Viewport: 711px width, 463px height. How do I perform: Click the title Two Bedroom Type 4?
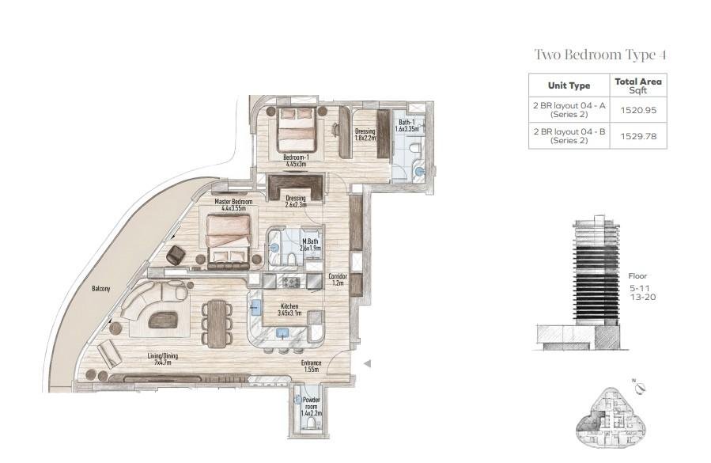(600, 55)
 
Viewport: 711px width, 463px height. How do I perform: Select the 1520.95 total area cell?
(638, 110)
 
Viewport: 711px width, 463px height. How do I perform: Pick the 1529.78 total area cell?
(638, 135)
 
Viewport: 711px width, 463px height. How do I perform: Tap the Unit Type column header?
(569, 85)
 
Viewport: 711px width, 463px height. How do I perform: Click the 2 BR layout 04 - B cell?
(569, 135)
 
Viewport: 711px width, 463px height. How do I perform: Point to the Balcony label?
(100, 289)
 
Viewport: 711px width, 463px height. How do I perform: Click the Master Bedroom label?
(233, 205)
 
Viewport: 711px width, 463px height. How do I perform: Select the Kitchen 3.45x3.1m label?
(289, 309)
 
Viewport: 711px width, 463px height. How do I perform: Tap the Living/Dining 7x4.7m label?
(163, 359)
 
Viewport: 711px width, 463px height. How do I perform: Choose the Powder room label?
(311, 407)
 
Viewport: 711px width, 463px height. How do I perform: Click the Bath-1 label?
(407, 125)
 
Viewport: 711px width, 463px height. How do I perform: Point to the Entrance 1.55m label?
(311, 366)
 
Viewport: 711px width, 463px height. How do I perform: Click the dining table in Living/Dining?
(217, 324)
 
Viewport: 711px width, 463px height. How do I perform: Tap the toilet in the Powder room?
(311, 423)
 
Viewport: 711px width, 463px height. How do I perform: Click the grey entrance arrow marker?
(368, 363)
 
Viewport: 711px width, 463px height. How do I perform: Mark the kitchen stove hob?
(291, 283)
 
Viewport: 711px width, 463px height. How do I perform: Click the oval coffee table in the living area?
(164, 319)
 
